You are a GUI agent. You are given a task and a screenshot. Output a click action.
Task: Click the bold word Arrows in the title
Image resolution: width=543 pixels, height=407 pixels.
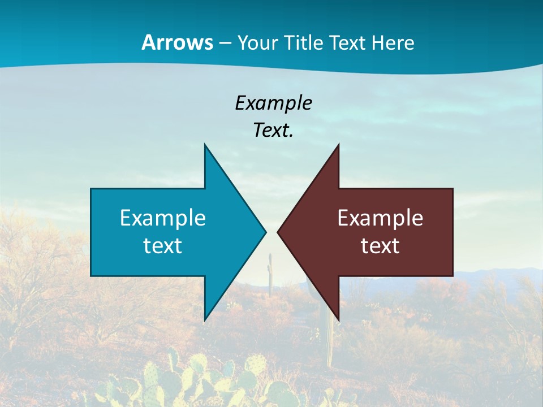click(x=178, y=42)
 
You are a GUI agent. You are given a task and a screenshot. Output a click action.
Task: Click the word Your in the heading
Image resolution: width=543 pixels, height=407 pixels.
click(x=256, y=43)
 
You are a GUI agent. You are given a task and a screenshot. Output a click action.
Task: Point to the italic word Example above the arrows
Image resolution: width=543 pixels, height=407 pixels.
click(x=273, y=103)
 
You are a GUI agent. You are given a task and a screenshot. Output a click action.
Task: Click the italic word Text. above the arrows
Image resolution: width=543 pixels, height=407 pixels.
click(x=273, y=130)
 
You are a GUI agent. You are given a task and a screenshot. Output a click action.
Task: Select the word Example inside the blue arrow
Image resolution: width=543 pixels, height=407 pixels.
click(x=163, y=218)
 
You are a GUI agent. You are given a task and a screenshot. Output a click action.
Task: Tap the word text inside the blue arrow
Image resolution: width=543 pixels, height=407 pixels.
click(x=163, y=245)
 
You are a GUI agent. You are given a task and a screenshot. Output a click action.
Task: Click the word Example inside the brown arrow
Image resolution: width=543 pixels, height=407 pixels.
click(x=380, y=218)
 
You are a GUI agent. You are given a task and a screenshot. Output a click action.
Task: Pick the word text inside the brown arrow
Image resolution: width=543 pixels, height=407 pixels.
click(x=380, y=245)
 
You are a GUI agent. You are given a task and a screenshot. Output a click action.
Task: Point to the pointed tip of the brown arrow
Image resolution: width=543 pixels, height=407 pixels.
click(x=278, y=232)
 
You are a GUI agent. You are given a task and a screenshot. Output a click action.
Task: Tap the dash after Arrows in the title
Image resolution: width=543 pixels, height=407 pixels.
click(x=224, y=44)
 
